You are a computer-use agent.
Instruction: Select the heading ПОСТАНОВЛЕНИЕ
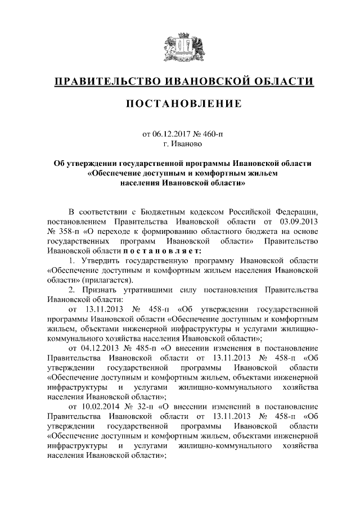click(180, 104)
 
